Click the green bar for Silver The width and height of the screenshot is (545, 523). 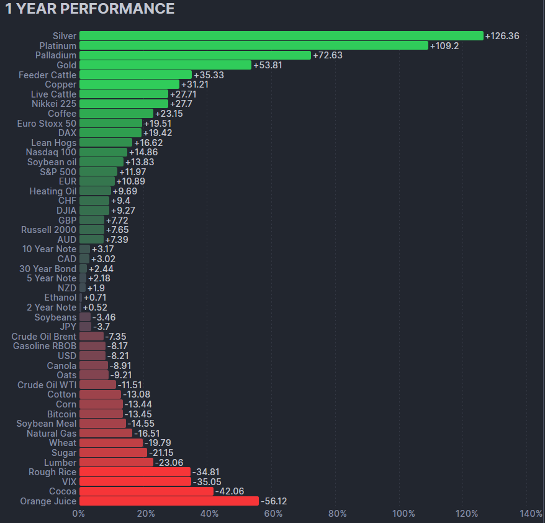pyautogui.click(x=281, y=36)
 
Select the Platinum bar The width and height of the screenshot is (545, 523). pyautogui.click(x=254, y=46)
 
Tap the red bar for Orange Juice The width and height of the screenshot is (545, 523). pyautogui.click(x=169, y=501)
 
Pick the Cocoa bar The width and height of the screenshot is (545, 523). pyautogui.click(x=146, y=491)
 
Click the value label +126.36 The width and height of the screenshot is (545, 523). pyautogui.click(x=502, y=36)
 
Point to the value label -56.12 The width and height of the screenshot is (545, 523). pyautogui.click(x=274, y=501)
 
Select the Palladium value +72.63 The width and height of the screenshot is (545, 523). pyautogui.click(x=328, y=55)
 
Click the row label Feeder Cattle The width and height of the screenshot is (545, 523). pyautogui.click(x=47, y=75)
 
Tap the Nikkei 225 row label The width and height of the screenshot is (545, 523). pyautogui.click(x=54, y=104)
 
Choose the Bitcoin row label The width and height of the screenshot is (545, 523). pyautogui.click(x=61, y=414)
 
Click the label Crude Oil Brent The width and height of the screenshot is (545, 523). pyautogui.click(x=43, y=337)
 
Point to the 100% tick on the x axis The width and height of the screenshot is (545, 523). pyautogui.click(x=404, y=514)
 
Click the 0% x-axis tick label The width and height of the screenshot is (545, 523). pyautogui.click(x=79, y=514)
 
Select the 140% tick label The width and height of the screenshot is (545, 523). pyautogui.click(x=531, y=514)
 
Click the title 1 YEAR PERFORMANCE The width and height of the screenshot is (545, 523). pyautogui.click(x=90, y=9)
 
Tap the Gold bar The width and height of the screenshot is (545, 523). pyautogui.click(x=165, y=65)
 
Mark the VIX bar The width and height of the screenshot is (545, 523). pyautogui.click(x=135, y=481)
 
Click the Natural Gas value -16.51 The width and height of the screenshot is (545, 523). pyautogui.click(x=148, y=434)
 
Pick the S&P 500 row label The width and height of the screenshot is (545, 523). pyautogui.click(x=58, y=171)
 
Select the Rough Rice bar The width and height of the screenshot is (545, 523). pyautogui.click(x=135, y=472)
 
